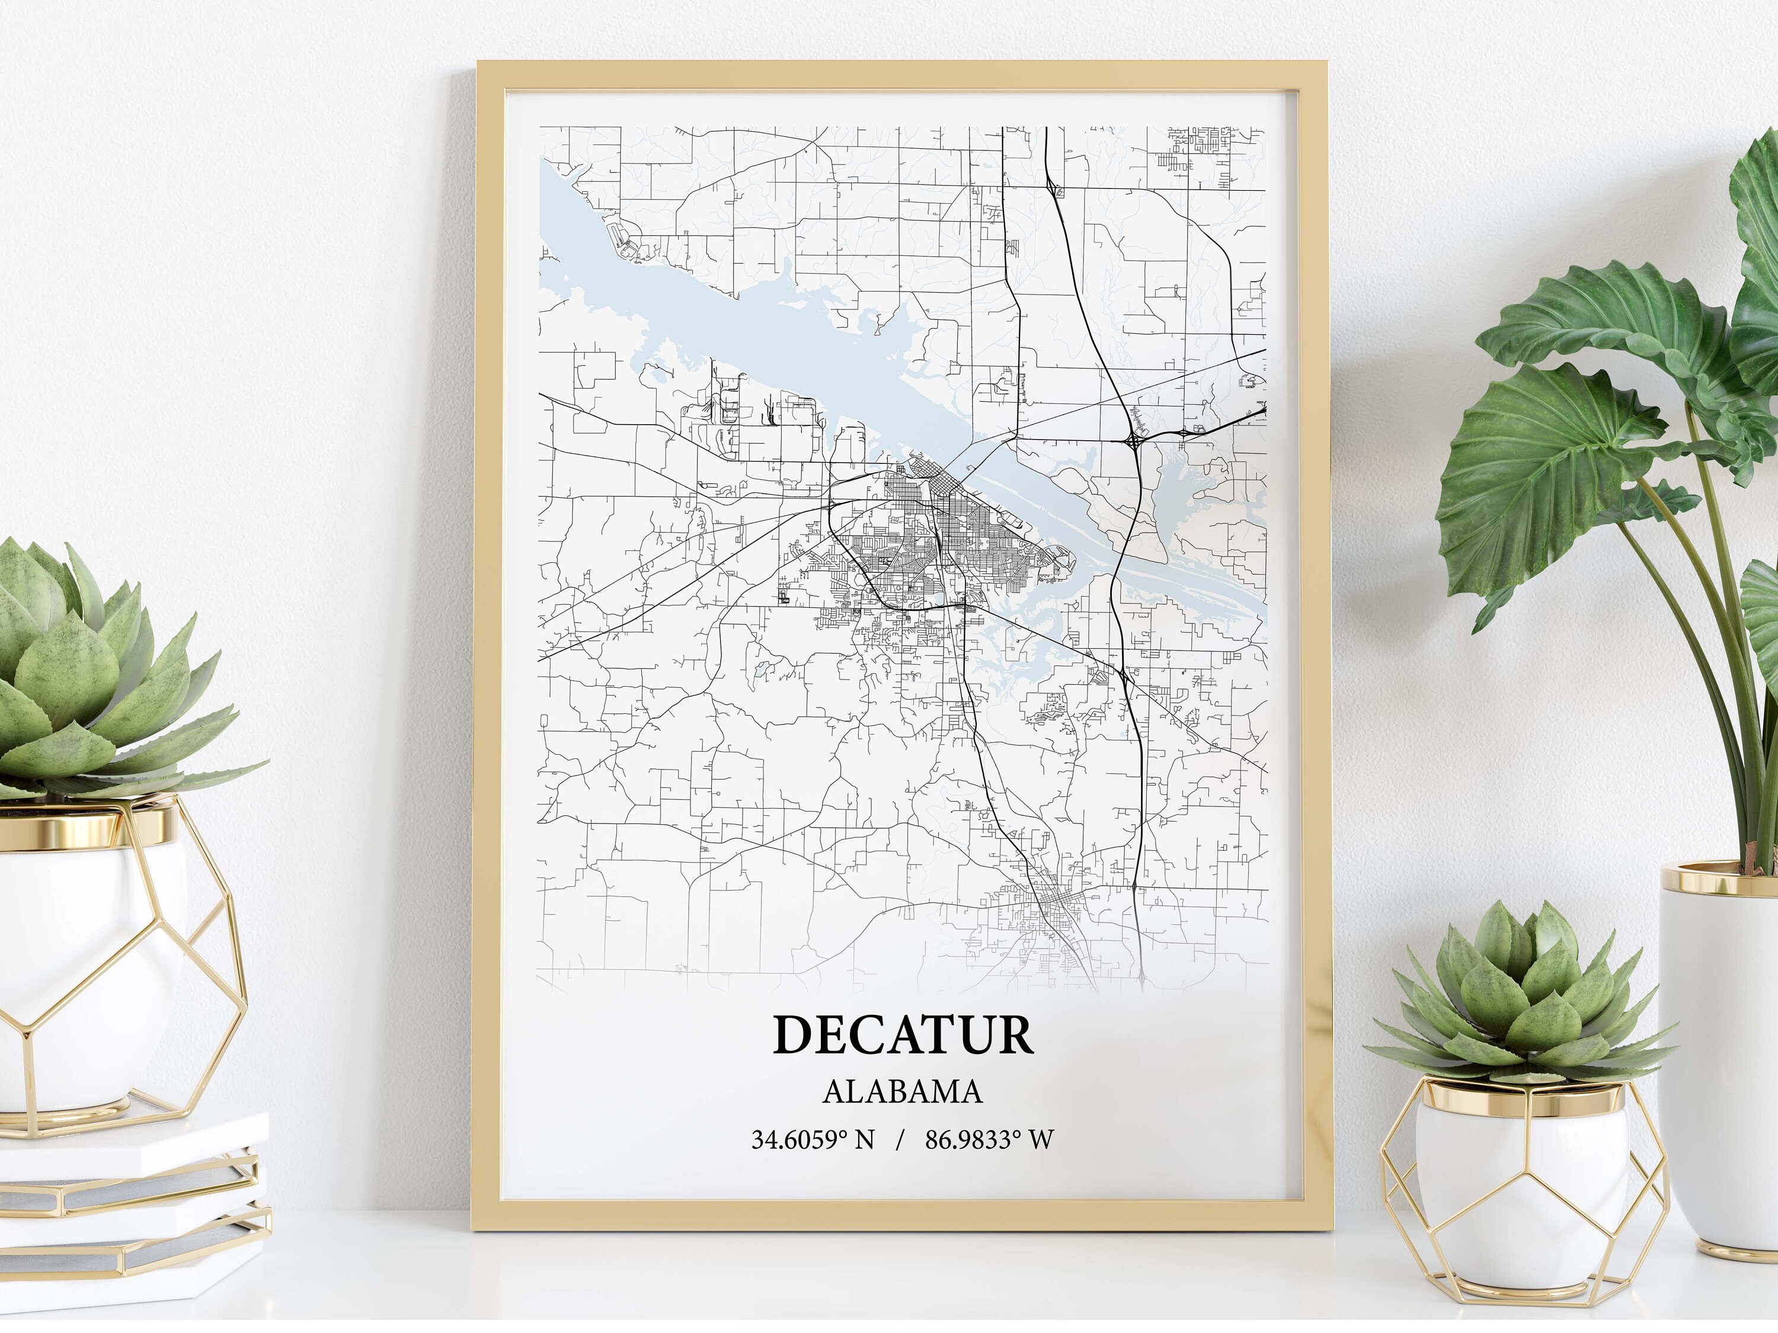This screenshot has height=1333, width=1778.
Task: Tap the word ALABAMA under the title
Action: [x=902, y=1091]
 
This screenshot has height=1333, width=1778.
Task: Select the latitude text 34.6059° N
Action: [x=812, y=1139]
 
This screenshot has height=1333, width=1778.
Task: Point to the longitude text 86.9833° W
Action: [x=989, y=1139]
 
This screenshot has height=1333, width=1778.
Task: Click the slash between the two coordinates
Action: [x=900, y=1139]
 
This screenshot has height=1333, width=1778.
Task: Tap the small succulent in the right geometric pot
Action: [x=1519, y=1004]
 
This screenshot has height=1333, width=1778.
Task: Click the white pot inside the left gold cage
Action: [x=88, y=964]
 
